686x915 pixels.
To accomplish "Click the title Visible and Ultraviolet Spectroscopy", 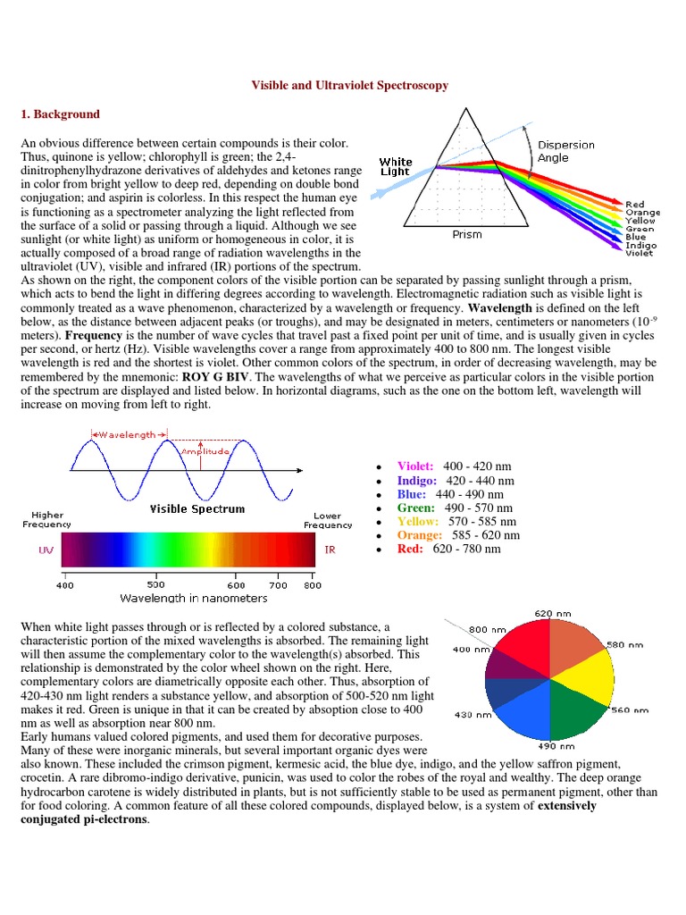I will [x=347, y=86].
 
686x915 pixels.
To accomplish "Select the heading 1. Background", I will [x=60, y=114].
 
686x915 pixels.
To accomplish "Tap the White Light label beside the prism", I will [x=395, y=167].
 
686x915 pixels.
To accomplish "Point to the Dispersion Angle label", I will [x=565, y=151].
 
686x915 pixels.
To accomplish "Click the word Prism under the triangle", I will [x=466, y=235].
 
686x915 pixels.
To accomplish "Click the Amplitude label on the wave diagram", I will [x=205, y=451].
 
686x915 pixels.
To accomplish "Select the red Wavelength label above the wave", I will [x=128, y=434].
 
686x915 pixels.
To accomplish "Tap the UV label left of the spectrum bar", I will [x=46, y=550].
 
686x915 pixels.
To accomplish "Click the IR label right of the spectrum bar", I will [x=330, y=550].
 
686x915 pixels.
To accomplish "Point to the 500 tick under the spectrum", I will [x=155, y=585].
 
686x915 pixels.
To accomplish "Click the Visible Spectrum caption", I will [x=197, y=508].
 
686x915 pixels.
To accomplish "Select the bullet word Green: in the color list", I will [x=416, y=508].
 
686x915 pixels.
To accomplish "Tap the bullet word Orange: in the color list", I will [x=420, y=535].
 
